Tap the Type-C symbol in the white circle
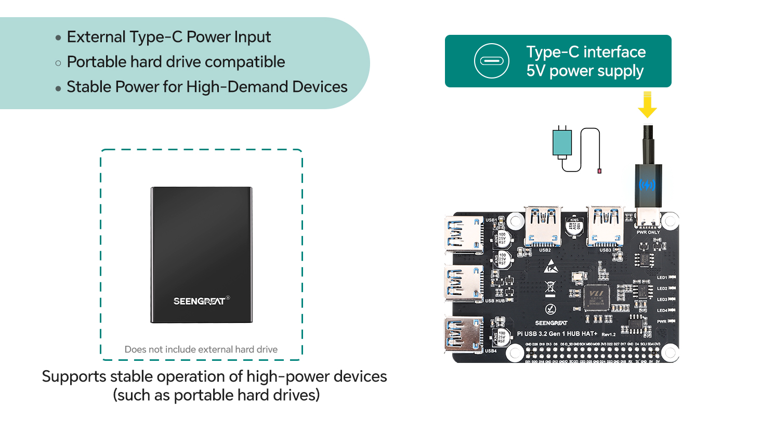pos(491,61)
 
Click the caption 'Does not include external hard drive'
pos(201,349)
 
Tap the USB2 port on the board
pos(543,226)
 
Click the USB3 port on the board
pos(605,226)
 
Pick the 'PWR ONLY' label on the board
pos(648,232)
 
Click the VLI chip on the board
pos(596,297)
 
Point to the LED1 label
pos(662,278)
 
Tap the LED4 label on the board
pos(662,310)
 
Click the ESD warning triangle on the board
pos(550,268)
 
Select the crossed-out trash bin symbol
pos(550,287)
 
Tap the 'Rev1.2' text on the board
pos(608,334)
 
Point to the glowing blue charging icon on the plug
pos(647,185)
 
